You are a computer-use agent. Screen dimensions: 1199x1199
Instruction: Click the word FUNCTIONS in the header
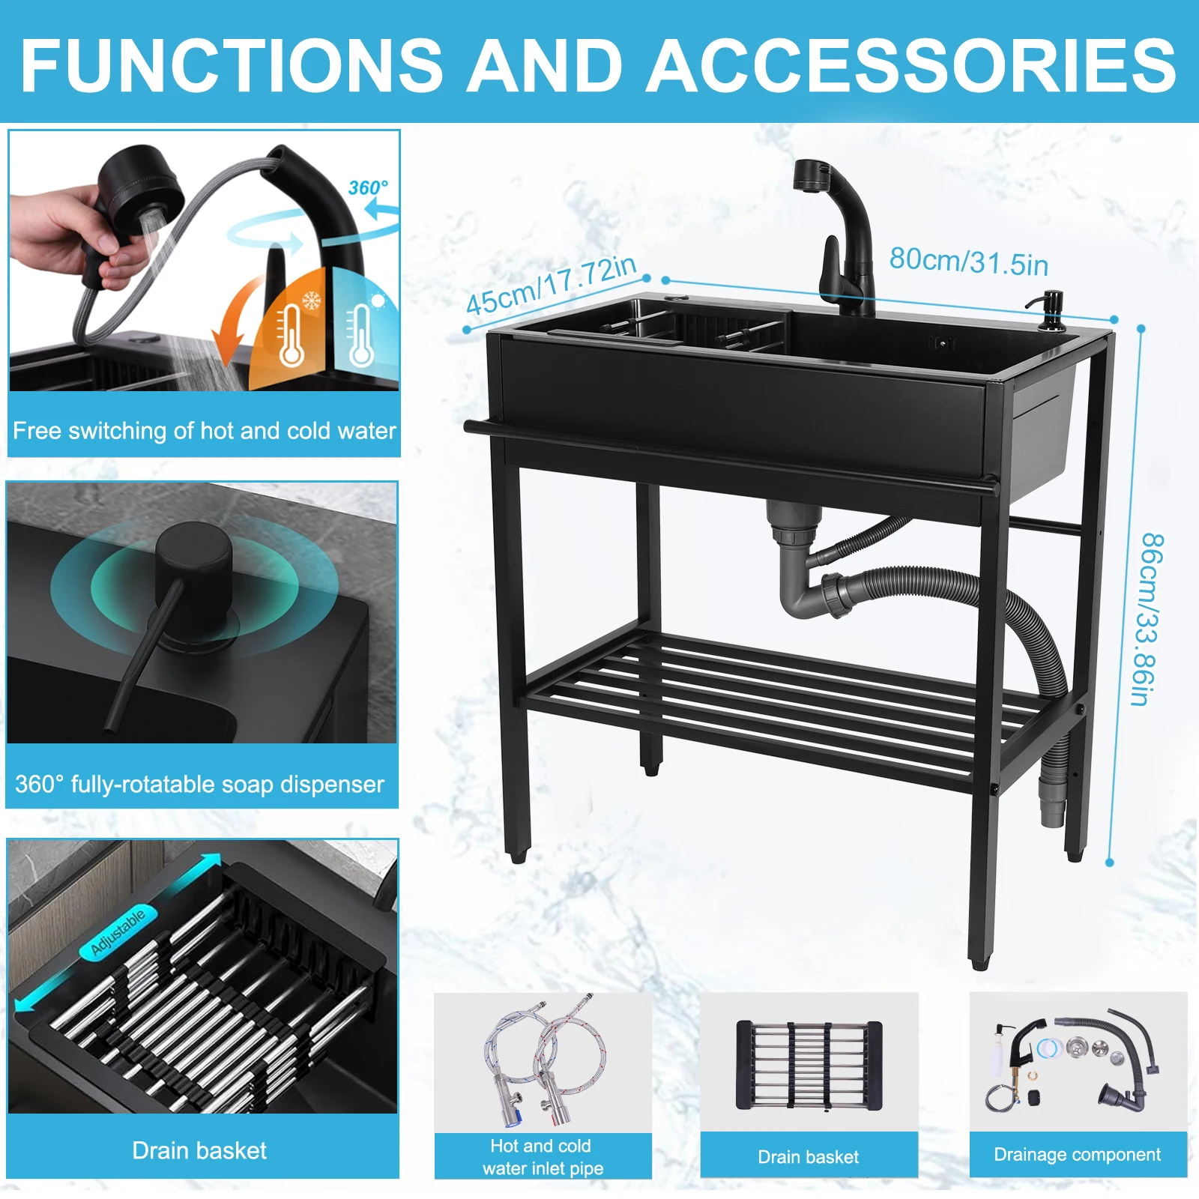point(232,64)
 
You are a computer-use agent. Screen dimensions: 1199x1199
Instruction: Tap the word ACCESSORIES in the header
point(912,64)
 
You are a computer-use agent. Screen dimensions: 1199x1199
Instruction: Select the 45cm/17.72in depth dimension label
point(551,286)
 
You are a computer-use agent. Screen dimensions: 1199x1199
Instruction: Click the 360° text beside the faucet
point(368,187)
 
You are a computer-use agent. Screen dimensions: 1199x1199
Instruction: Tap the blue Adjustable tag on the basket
point(118,932)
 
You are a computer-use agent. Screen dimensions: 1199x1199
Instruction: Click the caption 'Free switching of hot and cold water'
point(205,431)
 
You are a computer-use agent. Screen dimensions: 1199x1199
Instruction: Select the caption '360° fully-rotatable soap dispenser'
point(199,785)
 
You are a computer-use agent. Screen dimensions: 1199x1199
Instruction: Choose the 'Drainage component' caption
point(1077,1155)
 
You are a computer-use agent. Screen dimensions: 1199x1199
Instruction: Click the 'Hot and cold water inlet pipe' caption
point(543,1157)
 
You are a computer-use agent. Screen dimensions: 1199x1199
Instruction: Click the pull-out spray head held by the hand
point(138,198)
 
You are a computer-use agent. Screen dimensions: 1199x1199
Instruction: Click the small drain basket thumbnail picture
point(809,1064)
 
